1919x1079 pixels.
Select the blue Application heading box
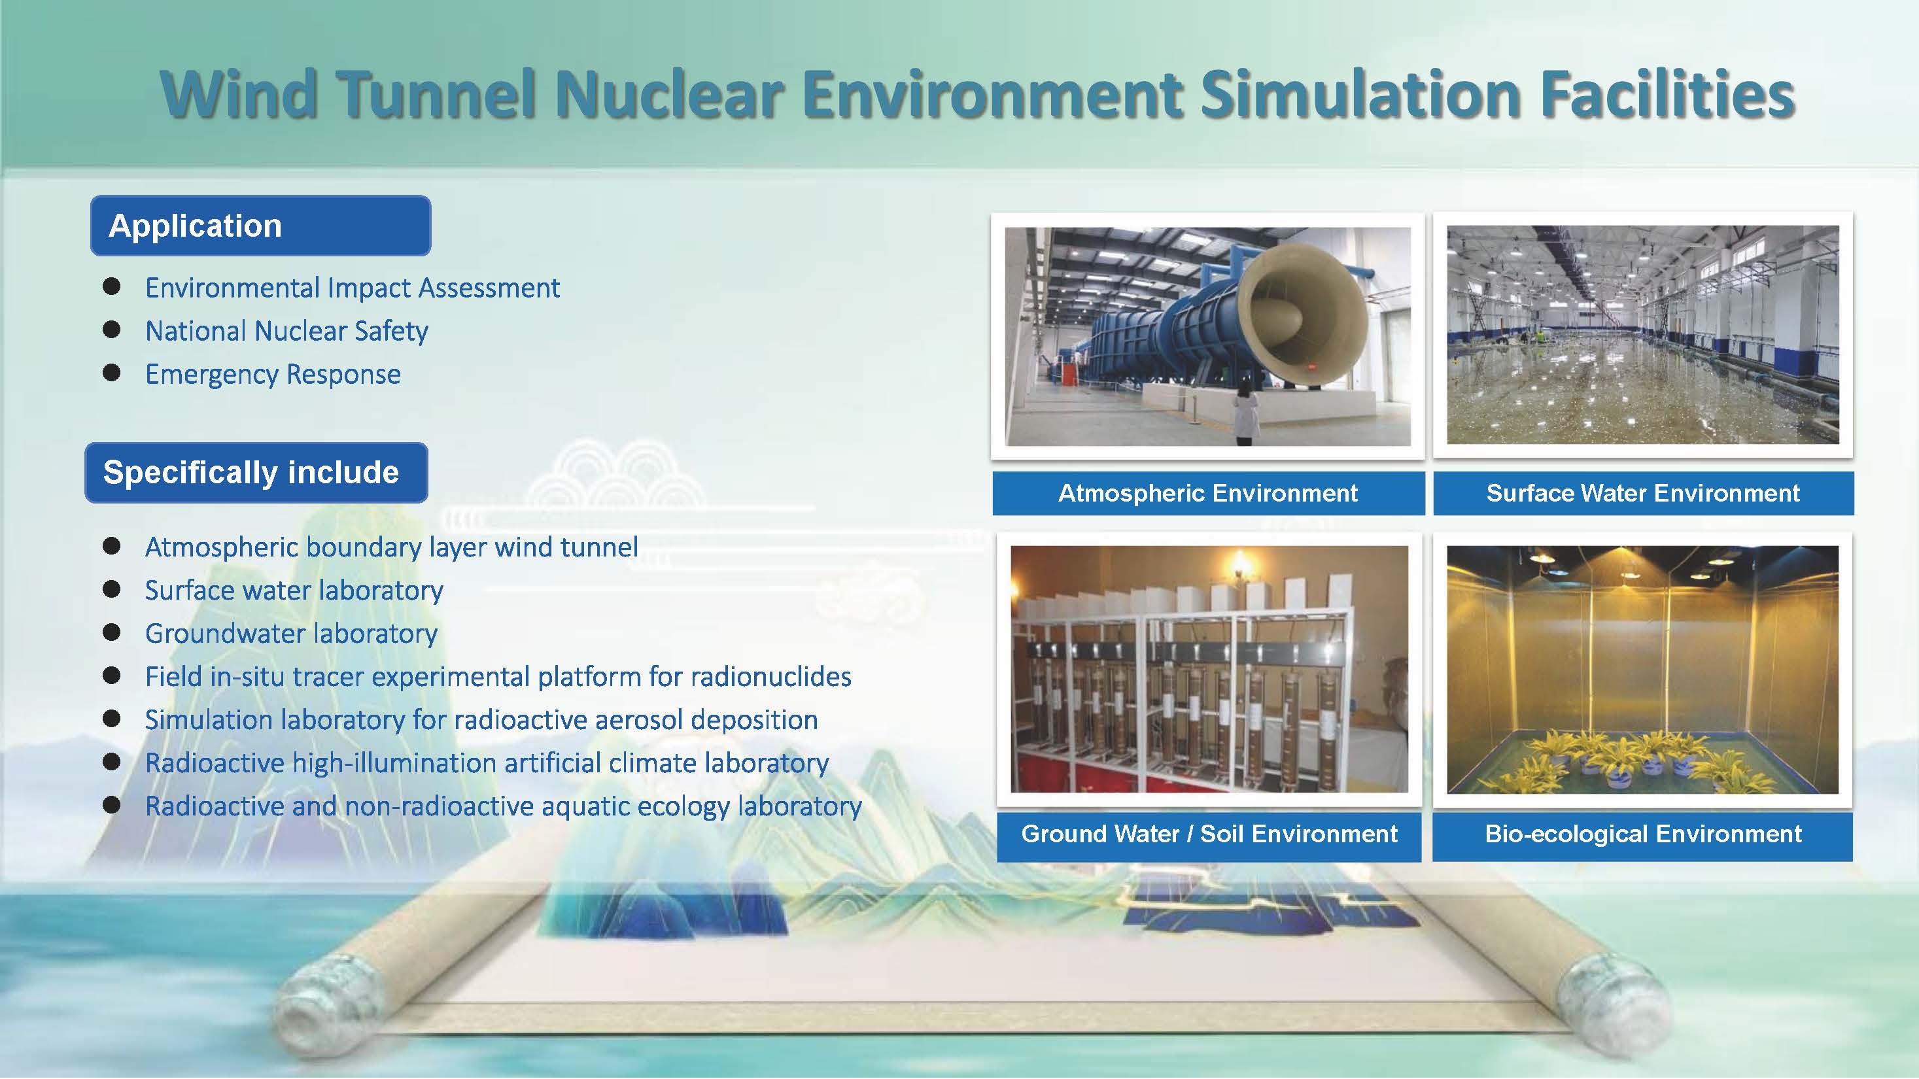pyautogui.click(x=261, y=226)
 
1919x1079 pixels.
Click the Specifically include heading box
pyautogui.click(x=256, y=473)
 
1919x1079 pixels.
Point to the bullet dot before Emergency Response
pyautogui.click(x=112, y=372)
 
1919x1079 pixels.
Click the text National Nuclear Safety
pyautogui.click(x=287, y=332)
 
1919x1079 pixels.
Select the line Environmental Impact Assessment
pyautogui.click(x=353, y=288)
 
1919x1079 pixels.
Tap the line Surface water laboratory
pyautogui.click(x=294, y=591)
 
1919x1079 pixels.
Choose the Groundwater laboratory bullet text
pyautogui.click(x=291, y=634)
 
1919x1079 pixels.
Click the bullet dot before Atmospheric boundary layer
pyautogui.click(x=112, y=546)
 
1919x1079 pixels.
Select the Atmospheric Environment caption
pyautogui.click(x=1208, y=493)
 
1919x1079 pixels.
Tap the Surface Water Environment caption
pyautogui.click(x=1644, y=493)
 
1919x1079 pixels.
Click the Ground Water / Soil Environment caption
pyautogui.click(x=1209, y=834)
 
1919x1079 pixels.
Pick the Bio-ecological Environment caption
pyautogui.click(x=1642, y=834)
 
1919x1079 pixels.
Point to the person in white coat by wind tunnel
pyautogui.click(x=1245, y=413)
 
